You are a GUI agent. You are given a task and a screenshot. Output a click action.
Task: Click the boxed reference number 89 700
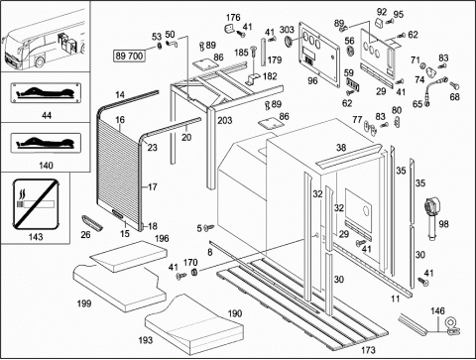tap(130, 56)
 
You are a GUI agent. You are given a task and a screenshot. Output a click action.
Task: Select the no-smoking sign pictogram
tap(35, 204)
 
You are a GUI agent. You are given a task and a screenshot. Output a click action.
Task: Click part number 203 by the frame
tap(225, 120)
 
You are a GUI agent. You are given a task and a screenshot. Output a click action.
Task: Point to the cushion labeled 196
tap(129, 257)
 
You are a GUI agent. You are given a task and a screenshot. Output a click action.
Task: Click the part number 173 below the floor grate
tap(368, 350)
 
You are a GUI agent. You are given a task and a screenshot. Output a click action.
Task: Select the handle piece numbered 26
tap(92, 222)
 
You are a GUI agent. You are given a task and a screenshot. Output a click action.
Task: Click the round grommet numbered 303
tap(289, 41)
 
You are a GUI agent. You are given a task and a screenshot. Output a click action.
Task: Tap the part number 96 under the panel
tap(312, 80)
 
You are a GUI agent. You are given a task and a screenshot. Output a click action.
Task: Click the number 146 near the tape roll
tap(437, 310)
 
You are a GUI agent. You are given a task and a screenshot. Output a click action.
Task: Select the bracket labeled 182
tap(253, 79)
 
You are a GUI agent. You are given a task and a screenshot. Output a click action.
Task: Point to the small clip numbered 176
tap(229, 29)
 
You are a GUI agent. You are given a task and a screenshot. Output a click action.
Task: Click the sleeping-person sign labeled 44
tap(46, 93)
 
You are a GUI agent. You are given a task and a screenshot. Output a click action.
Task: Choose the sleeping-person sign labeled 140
tap(46, 143)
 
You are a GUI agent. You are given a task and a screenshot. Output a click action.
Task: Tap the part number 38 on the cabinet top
tap(341, 148)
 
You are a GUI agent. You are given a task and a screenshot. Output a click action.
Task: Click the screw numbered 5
tap(209, 227)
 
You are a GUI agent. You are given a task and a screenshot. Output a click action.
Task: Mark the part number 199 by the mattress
tap(84, 303)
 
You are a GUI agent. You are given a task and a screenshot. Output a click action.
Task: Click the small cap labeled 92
tap(379, 24)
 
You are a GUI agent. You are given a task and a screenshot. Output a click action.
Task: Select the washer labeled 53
tap(160, 46)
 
